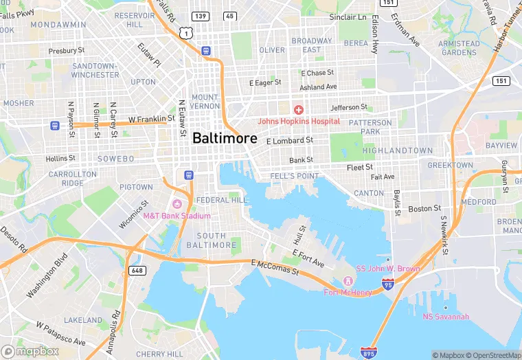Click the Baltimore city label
[225, 138]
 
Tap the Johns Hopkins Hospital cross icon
[299, 110]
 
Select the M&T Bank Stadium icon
[177, 204]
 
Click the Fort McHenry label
[348, 292]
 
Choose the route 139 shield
[200, 16]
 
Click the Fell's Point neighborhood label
[294, 177]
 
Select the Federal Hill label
[221, 200]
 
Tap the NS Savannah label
[446, 317]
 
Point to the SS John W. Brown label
[387, 269]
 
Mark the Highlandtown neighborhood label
[398, 150]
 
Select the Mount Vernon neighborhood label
[205, 102]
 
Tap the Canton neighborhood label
[369, 193]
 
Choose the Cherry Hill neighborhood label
[159, 354]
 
